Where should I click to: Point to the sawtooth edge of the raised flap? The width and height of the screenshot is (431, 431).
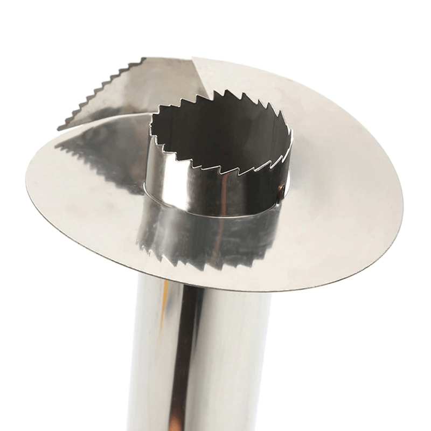tap(97, 92)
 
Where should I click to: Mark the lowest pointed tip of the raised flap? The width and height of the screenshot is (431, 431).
tap(59, 128)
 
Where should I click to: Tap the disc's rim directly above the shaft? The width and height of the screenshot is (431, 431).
tap(215, 290)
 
